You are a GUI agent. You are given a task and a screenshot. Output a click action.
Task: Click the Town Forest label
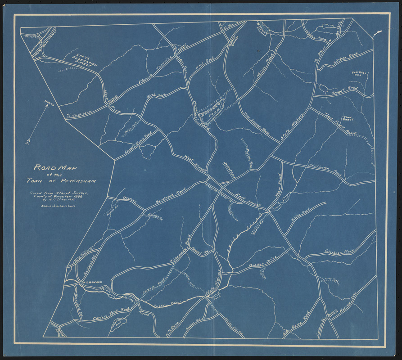click(349, 118)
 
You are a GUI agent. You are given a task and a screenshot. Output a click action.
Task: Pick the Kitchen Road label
click(348, 58)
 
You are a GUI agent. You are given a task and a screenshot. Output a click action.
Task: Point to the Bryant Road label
click(344, 90)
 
